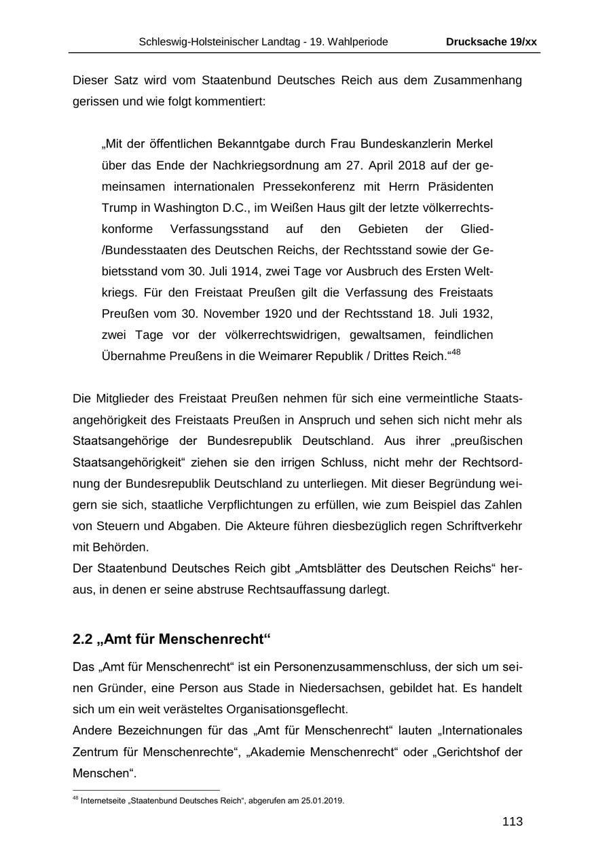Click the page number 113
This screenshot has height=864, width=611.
513,822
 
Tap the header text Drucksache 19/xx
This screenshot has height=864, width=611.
492,42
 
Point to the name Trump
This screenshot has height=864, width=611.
117,208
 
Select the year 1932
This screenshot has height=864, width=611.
476,314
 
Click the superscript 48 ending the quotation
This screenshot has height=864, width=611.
455,353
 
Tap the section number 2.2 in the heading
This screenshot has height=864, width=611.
83,640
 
